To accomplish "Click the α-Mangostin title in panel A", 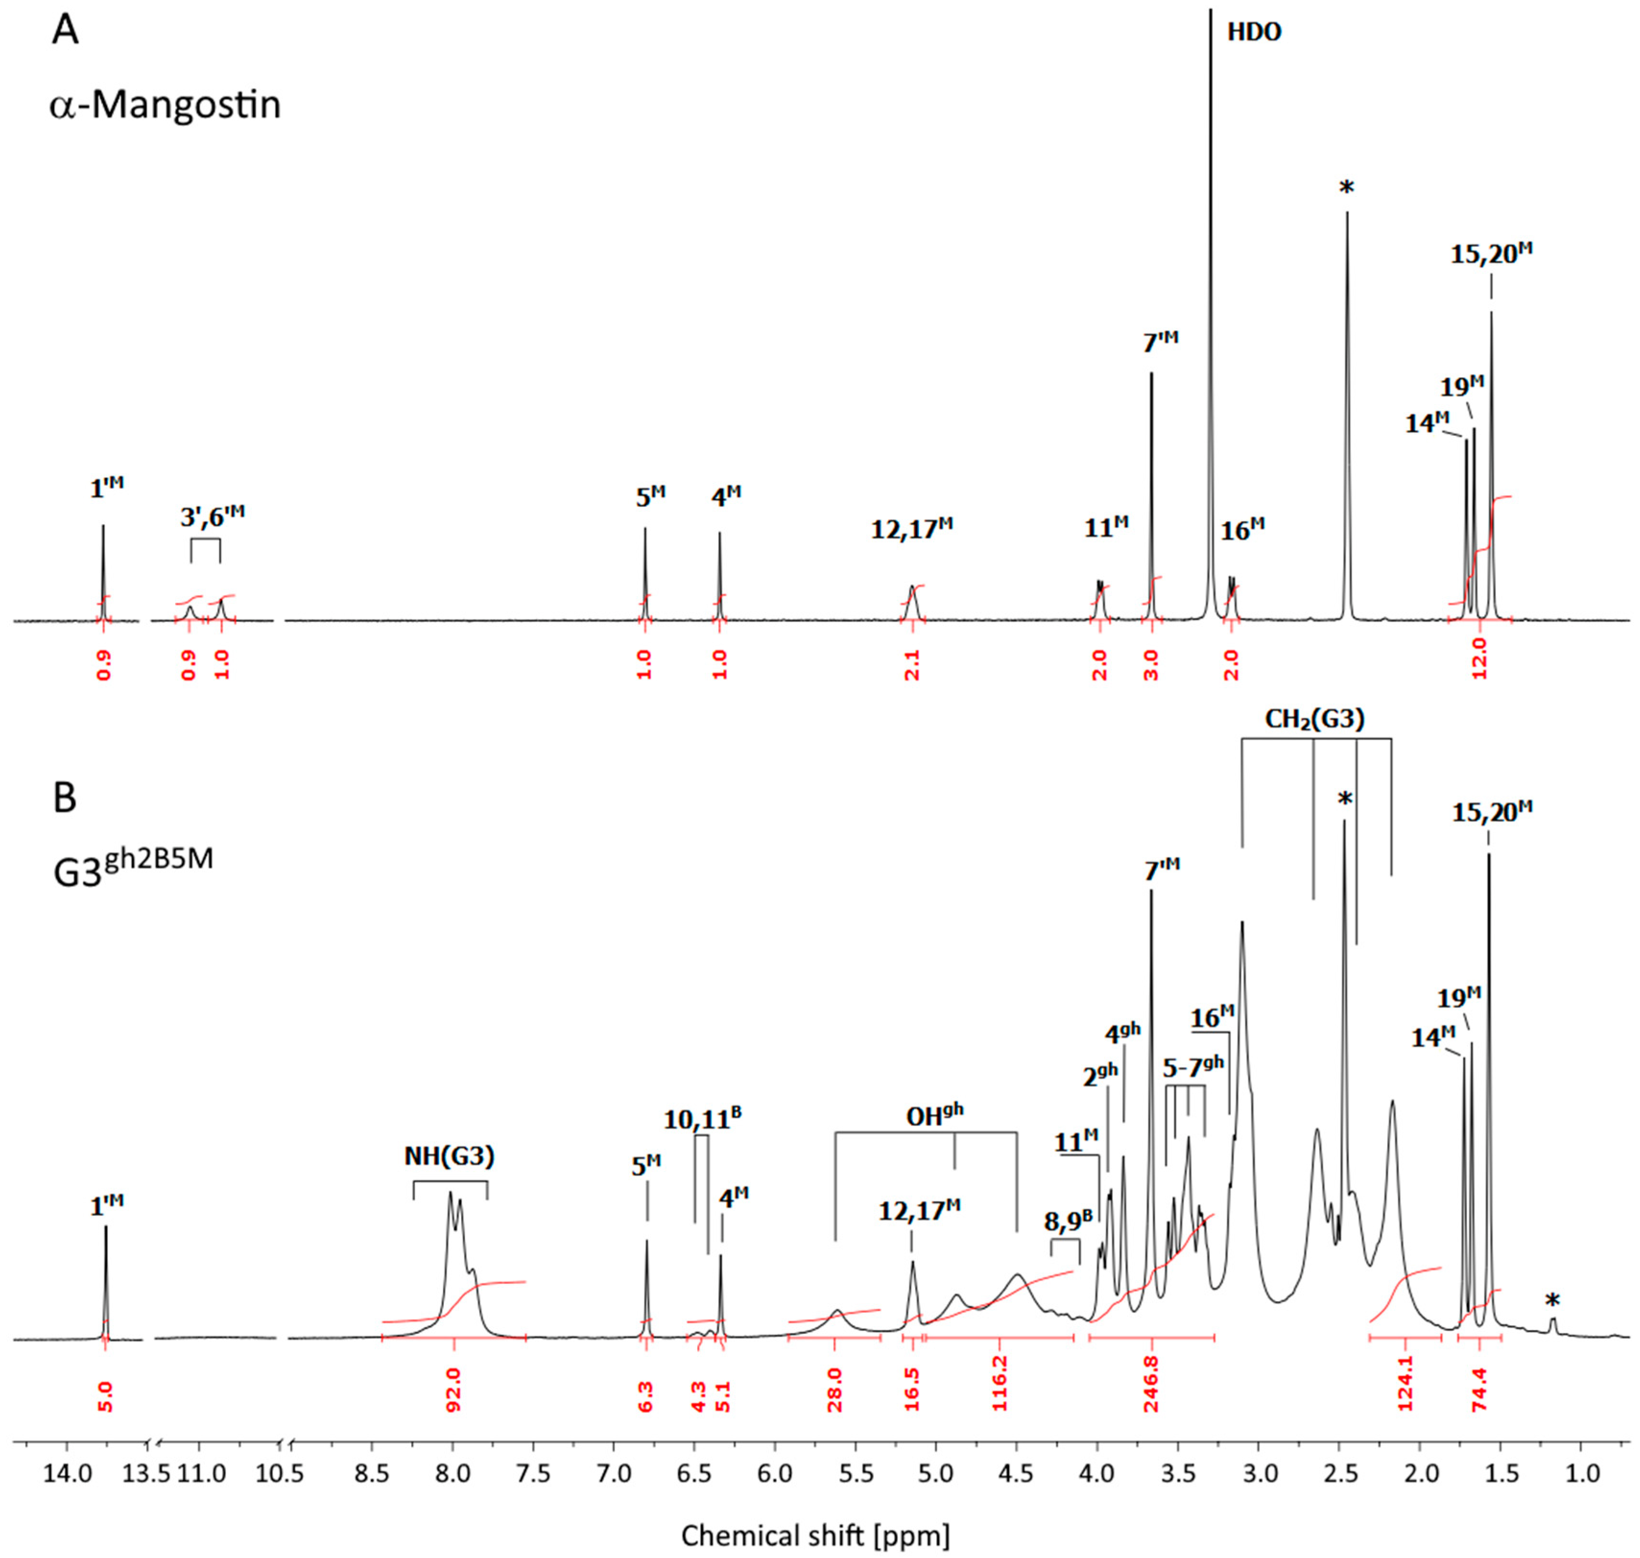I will tap(165, 106).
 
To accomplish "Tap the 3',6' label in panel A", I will tap(213, 516).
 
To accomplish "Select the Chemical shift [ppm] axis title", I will tap(815, 1535).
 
